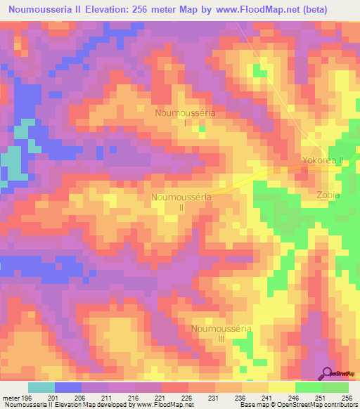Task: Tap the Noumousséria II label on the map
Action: click(x=181, y=202)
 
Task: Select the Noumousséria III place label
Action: click(x=221, y=333)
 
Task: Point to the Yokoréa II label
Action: click(x=322, y=160)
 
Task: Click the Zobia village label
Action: click(x=328, y=195)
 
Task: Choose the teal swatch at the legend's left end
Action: click(x=41, y=387)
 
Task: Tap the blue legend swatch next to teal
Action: click(x=68, y=387)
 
